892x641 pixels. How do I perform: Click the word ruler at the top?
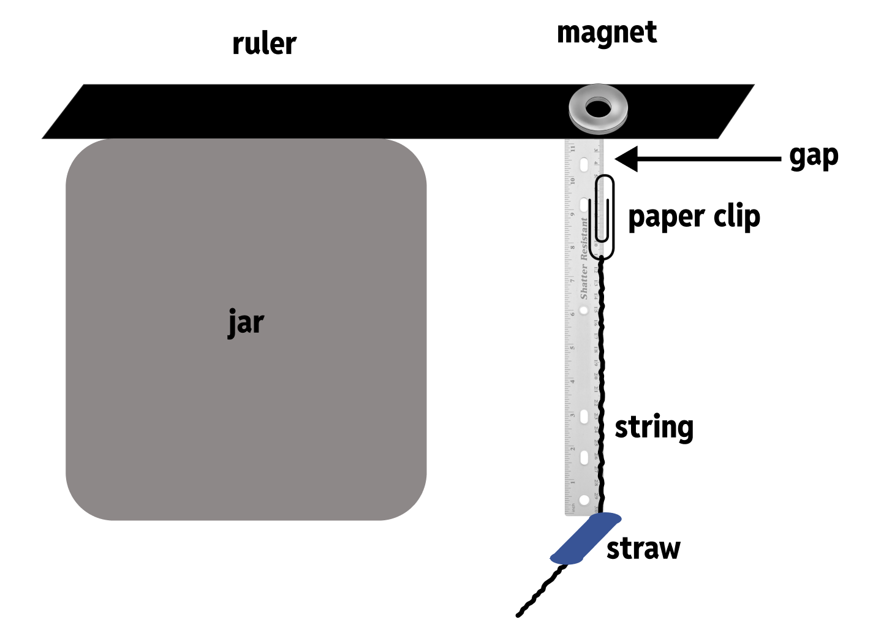(x=264, y=44)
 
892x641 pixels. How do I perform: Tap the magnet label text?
(x=607, y=33)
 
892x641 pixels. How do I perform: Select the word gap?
(x=813, y=157)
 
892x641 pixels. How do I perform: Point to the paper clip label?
(x=694, y=217)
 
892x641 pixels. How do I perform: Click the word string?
(x=654, y=427)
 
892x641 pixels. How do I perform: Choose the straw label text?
(x=643, y=548)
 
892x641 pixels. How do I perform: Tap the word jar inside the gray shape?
(x=246, y=322)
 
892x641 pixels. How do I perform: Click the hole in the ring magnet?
(x=598, y=109)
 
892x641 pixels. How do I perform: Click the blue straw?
(x=585, y=539)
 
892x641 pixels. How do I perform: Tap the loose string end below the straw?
(x=520, y=613)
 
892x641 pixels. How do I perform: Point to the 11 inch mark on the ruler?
(x=572, y=148)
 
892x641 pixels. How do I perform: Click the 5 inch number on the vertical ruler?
(x=572, y=348)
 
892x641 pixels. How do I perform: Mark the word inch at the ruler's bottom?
(x=573, y=508)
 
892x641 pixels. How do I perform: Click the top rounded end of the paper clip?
(x=605, y=178)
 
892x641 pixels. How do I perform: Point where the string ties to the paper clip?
(x=602, y=257)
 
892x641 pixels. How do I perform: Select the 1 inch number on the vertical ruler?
(x=572, y=482)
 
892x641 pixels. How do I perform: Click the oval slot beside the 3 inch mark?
(x=584, y=417)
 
